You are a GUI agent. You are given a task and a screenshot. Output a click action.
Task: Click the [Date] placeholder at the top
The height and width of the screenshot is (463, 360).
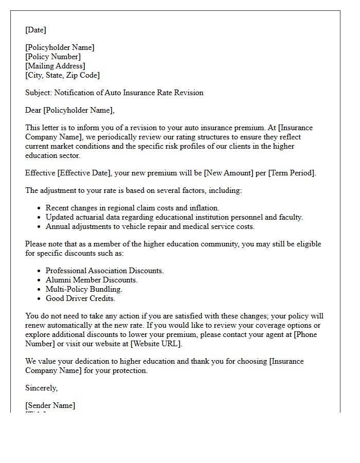tap(35, 30)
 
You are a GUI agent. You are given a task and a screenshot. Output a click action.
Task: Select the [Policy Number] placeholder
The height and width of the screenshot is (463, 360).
tap(53, 57)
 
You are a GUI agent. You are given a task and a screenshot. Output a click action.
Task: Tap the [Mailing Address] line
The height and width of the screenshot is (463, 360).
tap(55, 66)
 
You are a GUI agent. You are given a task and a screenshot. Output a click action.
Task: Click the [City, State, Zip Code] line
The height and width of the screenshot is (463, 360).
tap(62, 75)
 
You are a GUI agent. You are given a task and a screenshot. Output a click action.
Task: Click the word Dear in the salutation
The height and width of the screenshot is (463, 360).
tap(33, 110)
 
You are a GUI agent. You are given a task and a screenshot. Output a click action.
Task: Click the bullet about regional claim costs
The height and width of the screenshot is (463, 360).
tap(132, 208)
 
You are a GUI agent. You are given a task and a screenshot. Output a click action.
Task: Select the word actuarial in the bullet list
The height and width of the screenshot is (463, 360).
tap(91, 217)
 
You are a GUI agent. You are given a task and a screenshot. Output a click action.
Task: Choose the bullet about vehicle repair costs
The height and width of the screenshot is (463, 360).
tap(150, 226)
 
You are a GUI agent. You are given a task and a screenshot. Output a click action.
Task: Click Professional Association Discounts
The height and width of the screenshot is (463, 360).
tap(104, 271)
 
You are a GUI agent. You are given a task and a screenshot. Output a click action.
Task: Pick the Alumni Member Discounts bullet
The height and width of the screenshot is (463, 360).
tap(92, 280)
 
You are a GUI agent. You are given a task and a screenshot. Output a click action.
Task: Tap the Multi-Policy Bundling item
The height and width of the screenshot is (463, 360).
tap(83, 289)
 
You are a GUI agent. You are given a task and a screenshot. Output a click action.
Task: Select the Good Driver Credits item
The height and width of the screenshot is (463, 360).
tap(80, 298)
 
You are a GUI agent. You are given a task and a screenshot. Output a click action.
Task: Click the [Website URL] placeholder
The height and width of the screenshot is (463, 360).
tap(155, 344)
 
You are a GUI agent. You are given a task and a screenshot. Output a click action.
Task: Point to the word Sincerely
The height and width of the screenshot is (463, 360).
tap(41, 388)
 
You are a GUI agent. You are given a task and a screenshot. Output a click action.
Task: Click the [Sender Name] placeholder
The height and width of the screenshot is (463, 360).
tap(50, 405)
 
